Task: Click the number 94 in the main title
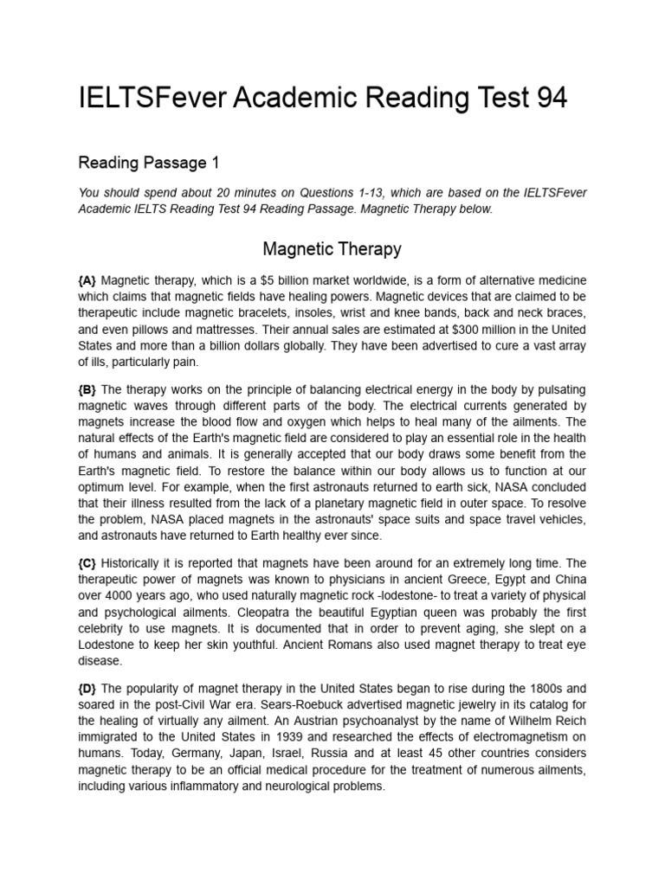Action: click(547, 98)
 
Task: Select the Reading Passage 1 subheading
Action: click(149, 162)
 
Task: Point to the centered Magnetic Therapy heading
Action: click(332, 249)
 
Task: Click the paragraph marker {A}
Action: click(87, 280)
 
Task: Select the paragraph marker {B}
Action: click(87, 390)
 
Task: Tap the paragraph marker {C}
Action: click(87, 563)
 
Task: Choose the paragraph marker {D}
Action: click(88, 689)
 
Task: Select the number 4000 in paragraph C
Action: click(121, 596)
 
